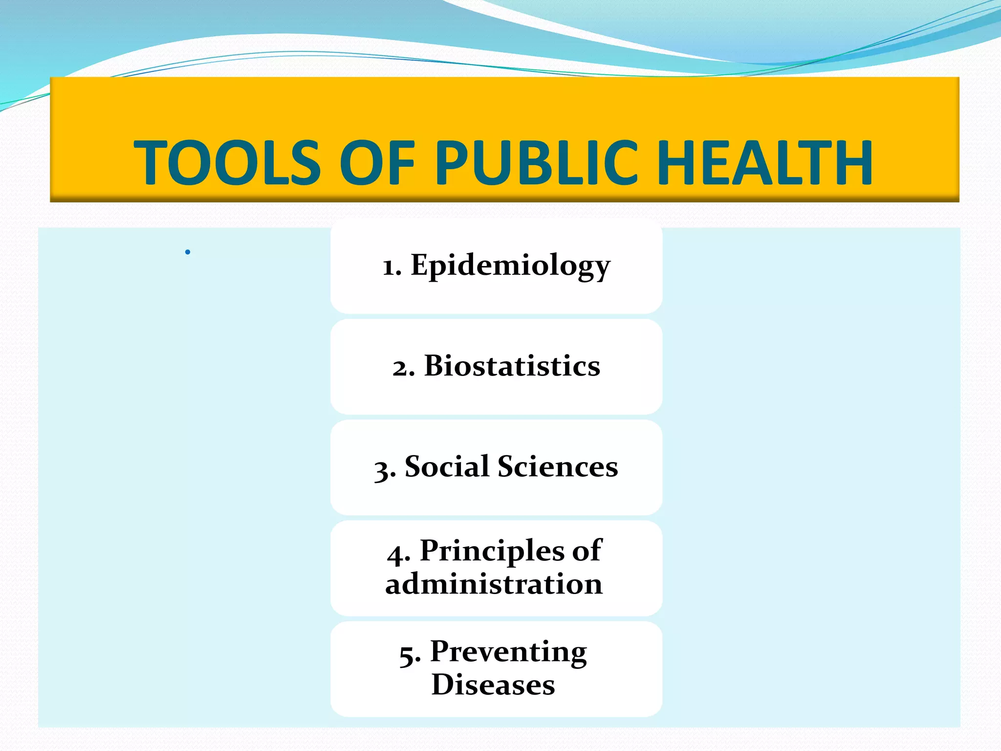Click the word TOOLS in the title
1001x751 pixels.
(227, 162)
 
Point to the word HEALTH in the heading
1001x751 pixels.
(765, 162)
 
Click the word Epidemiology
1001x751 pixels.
(510, 266)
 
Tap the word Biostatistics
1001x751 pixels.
(512, 366)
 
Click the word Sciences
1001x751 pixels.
(558, 466)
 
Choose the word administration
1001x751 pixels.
(494, 584)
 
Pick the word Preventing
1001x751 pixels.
(508, 652)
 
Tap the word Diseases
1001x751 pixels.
(493, 685)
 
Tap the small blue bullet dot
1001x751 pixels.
(188, 252)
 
